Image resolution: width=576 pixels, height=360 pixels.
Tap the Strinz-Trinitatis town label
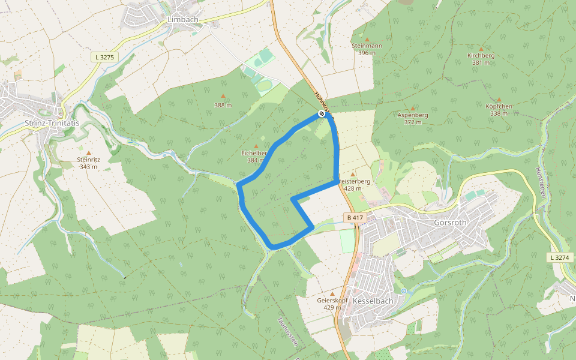(x=53, y=123)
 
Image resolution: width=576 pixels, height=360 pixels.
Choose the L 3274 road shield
(x=561, y=257)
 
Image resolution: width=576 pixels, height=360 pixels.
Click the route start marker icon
(x=322, y=113)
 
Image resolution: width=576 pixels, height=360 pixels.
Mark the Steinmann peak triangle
(x=367, y=39)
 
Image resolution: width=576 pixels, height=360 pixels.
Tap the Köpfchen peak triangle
(x=499, y=100)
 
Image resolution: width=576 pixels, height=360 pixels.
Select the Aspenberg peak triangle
(x=413, y=108)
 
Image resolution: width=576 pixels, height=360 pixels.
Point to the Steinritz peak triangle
(x=89, y=153)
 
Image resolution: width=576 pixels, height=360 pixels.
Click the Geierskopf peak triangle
(x=332, y=293)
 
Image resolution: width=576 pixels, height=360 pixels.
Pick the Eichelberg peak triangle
(x=256, y=146)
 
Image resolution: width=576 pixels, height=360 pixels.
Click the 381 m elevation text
(x=481, y=62)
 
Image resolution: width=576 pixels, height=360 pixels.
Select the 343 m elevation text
(x=89, y=166)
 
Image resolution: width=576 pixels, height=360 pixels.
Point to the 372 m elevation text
(x=413, y=122)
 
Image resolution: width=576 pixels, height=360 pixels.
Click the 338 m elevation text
(x=499, y=113)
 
